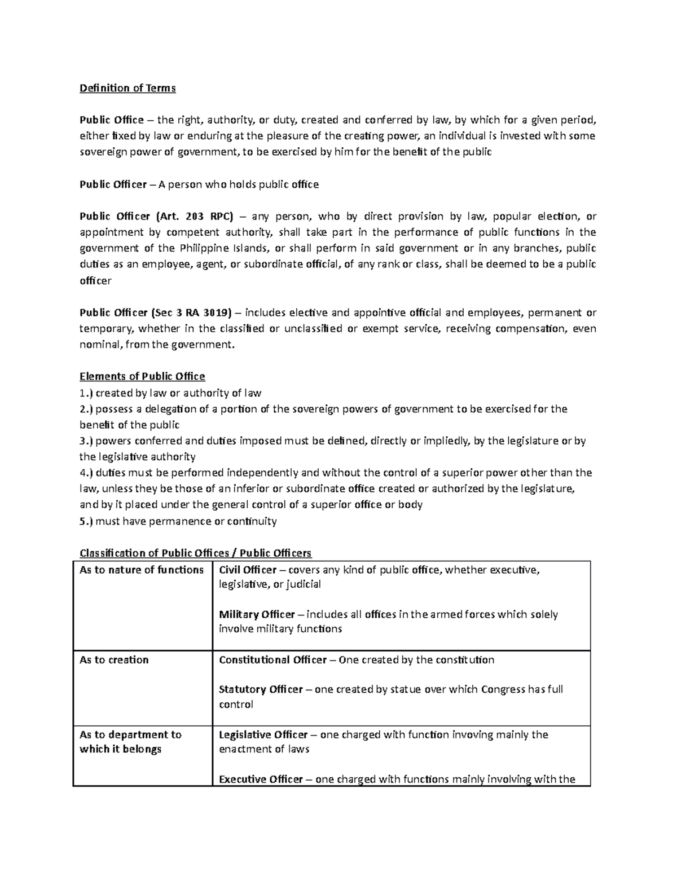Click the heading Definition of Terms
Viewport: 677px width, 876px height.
[x=128, y=88]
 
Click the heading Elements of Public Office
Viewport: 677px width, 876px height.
[x=142, y=376]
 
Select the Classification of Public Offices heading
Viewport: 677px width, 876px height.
[x=195, y=553]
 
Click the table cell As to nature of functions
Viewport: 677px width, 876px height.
[x=142, y=570]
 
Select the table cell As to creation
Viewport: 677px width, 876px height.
[x=114, y=660]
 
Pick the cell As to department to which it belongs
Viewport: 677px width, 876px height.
[x=130, y=742]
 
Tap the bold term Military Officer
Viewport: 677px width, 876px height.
[x=257, y=614]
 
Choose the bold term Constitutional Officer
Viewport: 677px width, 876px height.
[x=272, y=660]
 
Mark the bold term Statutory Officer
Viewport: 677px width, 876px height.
[x=261, y=689]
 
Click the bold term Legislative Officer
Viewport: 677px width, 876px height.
[x=263, y=734]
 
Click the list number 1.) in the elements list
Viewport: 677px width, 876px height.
[x=86, y=393]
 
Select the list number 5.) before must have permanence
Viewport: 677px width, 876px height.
[x=86, y=521]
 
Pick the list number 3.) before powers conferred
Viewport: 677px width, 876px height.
[x=86, y=441]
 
